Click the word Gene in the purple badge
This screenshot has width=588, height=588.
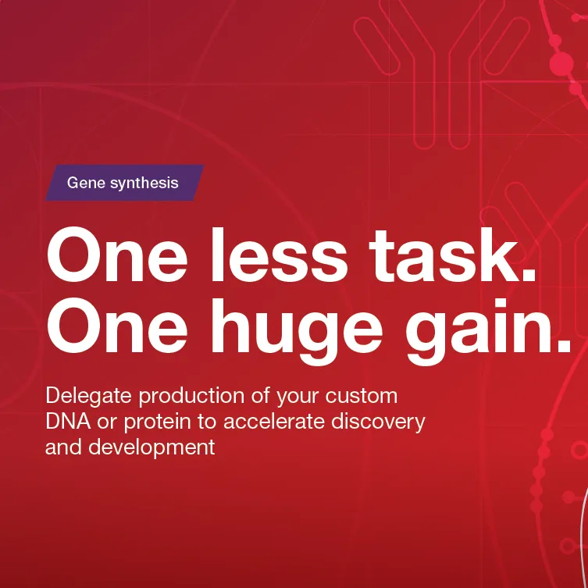[x=84, y=184]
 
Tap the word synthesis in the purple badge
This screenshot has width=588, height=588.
[x=144, y=184]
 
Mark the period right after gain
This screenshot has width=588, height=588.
[x=563, y=346]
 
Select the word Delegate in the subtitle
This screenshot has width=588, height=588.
[x=88, y=395]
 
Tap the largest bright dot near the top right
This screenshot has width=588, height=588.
[x=561, y=64]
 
